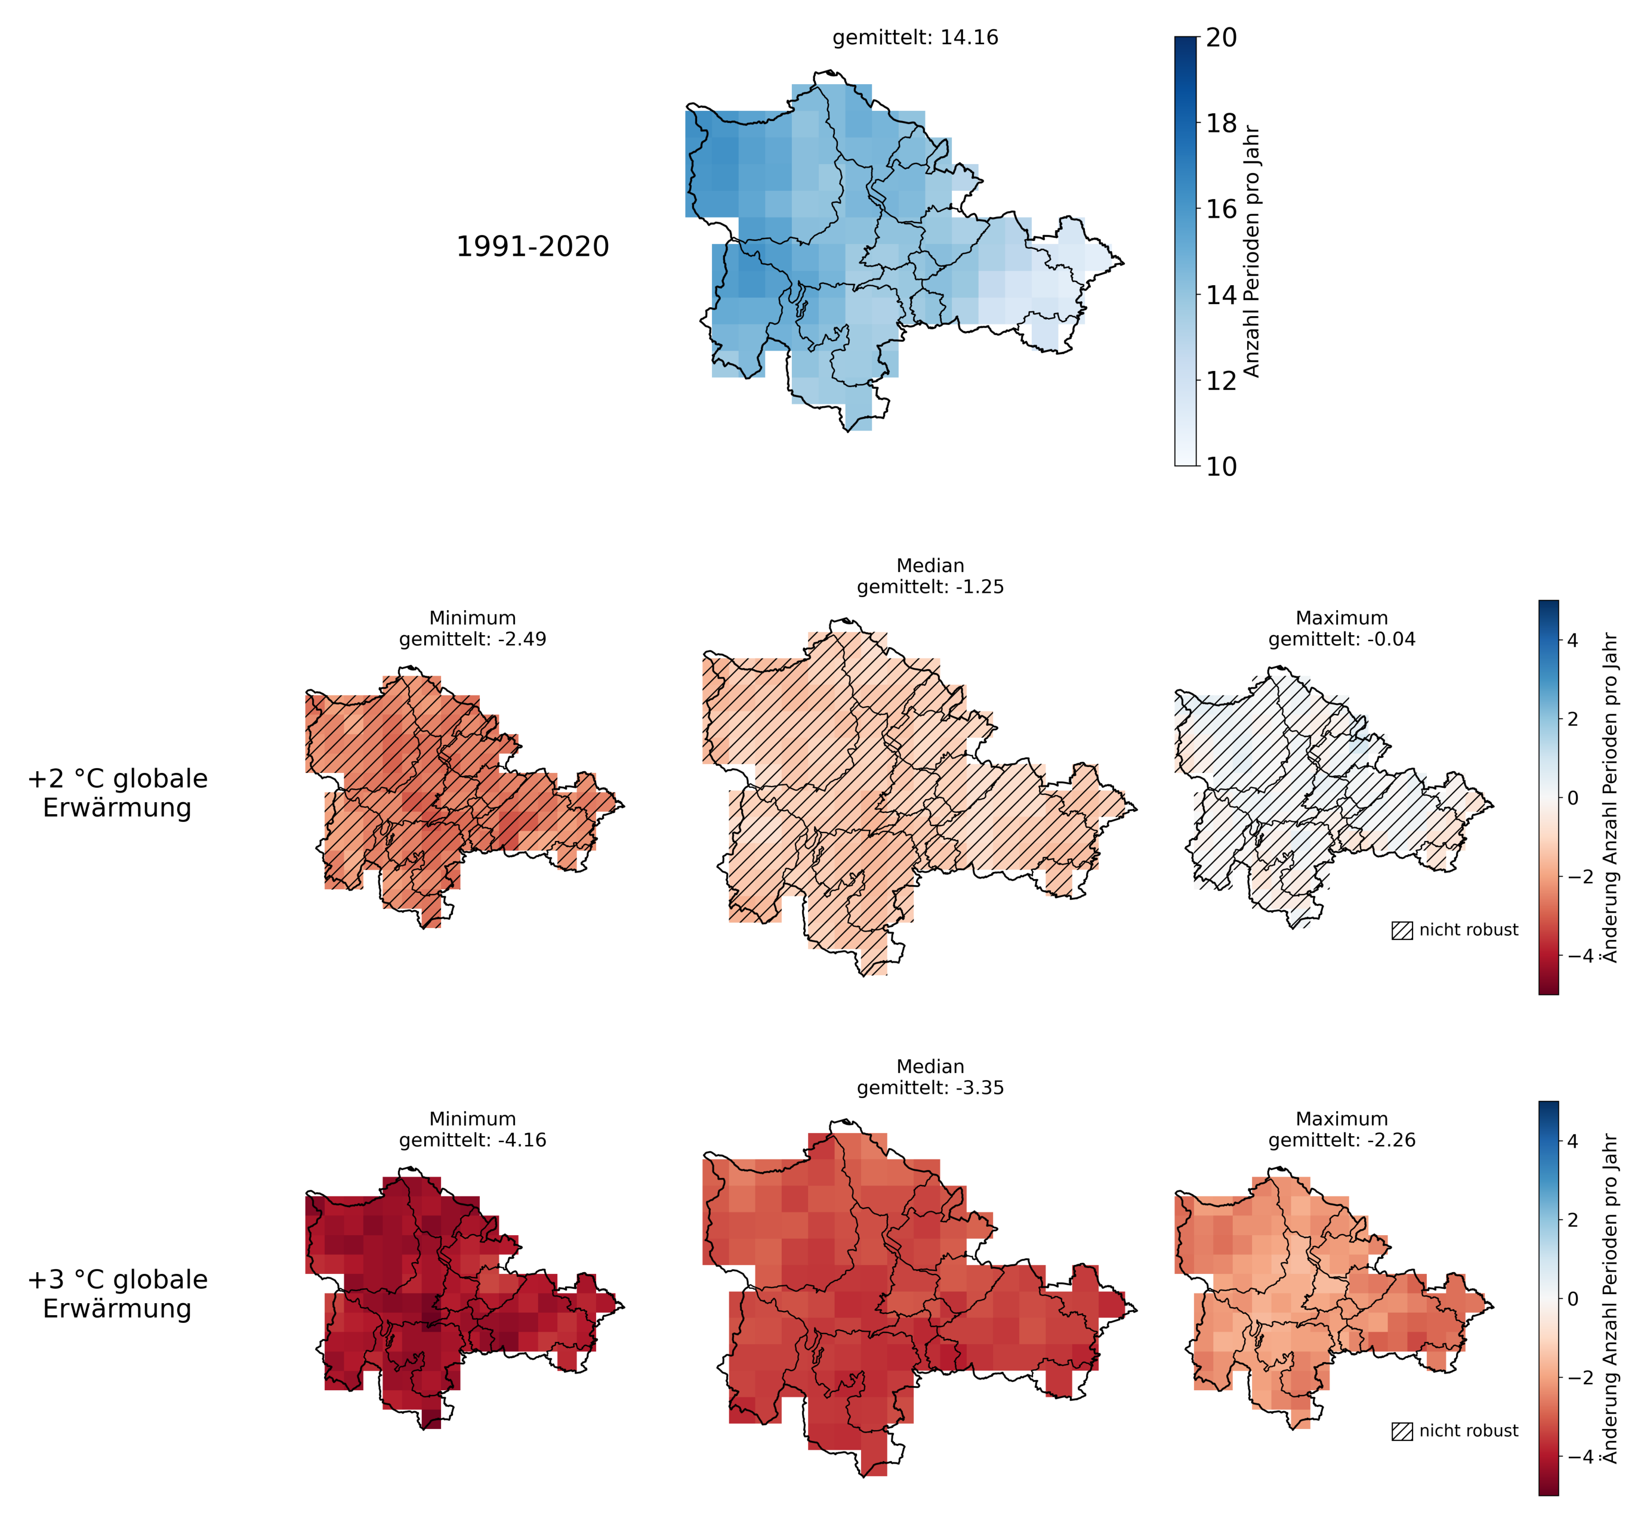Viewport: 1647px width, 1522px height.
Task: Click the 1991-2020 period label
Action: tap(532, 246)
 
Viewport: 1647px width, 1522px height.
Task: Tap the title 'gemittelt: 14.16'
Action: tap(915, 38)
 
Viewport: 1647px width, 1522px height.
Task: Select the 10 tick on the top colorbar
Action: tap(1221, 466)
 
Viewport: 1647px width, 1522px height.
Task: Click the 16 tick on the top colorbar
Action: tap(1221, 209)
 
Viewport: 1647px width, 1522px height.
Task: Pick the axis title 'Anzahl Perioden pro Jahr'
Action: tap(1251, 251)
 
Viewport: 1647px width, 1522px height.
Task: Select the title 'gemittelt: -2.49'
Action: tap(473, 639)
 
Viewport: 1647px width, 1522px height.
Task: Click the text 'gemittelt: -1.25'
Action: tap(930, 587)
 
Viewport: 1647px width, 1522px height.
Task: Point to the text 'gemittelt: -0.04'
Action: tap(1341, 639)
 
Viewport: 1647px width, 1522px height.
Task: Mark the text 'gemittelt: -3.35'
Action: tap(930, 1088)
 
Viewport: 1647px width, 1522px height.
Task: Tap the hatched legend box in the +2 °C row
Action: tap(1402, 930)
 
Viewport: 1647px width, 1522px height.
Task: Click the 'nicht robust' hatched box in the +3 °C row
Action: tap(1402, 1431)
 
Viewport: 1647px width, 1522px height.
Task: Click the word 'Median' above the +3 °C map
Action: tap(930, 1066)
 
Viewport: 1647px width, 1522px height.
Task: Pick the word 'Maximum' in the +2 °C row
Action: tap(1341, 618)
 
